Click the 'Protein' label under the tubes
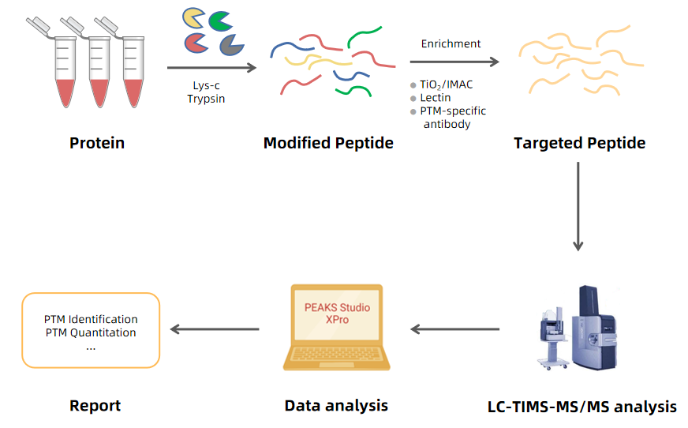pyautogui.click(x=97, y=143)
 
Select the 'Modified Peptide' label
pyautogui.click(x=328, y=143)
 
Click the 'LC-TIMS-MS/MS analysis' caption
pyautogui.click(x=581, y=407)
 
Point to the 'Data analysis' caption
pyautogui.click(x=336, y=406)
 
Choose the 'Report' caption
pyautogui.click(x=95, y=406)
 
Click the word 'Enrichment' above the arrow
pyautogui.click(x=451, y=43)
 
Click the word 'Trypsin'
pyautogui.click(x=206, y=99)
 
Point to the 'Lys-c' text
pyautogui.click(x=206, y=85)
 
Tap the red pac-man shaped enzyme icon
pyautogui.click(x=195, y=42)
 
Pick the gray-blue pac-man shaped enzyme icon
pyautogui.click(x=230, y=44)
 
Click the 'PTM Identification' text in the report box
pyautogui.click(x=91, y=319)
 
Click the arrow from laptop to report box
pyautogui.click(x=215, y=329)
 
